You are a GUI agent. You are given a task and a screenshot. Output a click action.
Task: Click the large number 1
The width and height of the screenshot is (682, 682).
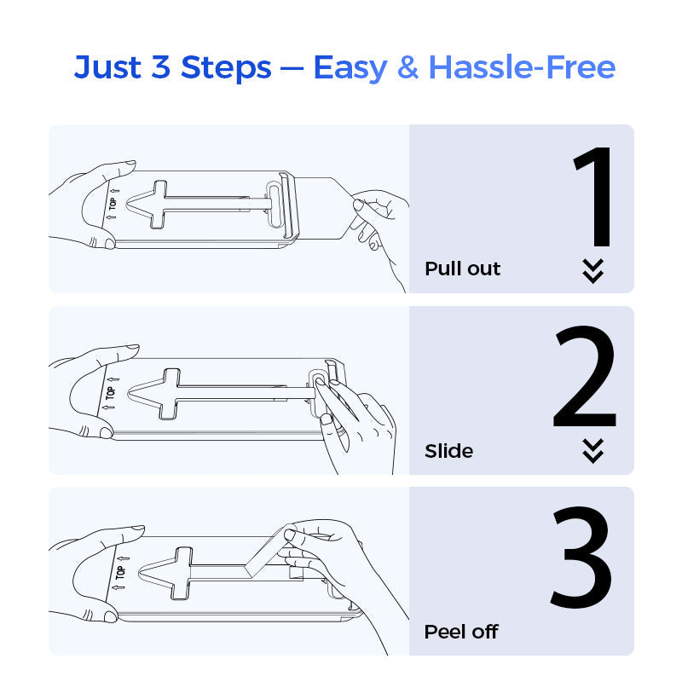pyautogui.click(x=594, y=199)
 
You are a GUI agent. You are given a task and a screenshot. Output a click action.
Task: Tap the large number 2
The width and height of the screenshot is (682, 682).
pyautogui.click(x=585, y=379)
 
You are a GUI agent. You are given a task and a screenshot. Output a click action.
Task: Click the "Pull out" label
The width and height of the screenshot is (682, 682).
pyautogui.click(x=462, y=269)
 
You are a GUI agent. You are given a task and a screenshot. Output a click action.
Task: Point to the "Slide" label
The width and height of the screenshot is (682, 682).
pyautogui.click(x=448, y=451)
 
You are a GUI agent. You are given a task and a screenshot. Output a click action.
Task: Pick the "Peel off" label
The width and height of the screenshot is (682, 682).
pyautogui.click(x=460, y=632)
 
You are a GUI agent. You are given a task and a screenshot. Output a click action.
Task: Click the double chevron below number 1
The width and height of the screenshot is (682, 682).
pyautogui.click(x=592, y=270)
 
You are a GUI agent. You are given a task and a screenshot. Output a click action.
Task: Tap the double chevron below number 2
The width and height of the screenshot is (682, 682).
pyautogui.click(x=592, y=451)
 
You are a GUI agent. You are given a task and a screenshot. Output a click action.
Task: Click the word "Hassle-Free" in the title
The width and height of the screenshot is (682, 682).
pyautogui.click(x=521, y=66)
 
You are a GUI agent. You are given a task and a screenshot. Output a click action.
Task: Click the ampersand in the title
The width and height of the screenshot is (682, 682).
pyautogui.click(x=408, y=66)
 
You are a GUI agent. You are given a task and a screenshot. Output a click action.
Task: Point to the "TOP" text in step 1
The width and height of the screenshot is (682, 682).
pyautogui.click(x=110, y=205)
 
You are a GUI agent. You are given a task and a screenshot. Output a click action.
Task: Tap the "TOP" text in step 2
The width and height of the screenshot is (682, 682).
pyautogui.click(x=109, y=393)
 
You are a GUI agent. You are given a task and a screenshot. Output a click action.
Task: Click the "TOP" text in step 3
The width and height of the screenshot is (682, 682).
pyautogui.click(x=120, y=573)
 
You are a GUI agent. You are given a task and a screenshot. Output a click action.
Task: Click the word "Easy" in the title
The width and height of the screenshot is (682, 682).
pyautogui.click(x=350, y=66)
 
